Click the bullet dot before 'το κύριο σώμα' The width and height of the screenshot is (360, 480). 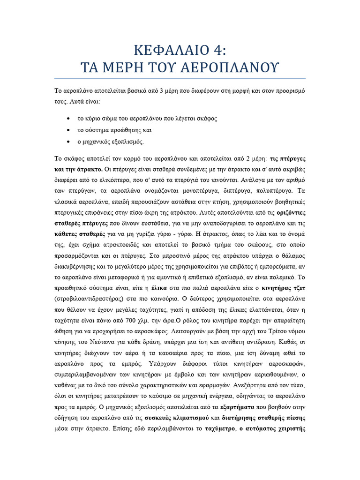[69, 118]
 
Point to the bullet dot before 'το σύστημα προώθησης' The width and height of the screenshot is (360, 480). [69, 129]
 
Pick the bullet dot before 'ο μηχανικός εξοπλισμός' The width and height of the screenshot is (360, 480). [69, 141]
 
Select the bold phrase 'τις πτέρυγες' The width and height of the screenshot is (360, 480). [288, 158]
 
